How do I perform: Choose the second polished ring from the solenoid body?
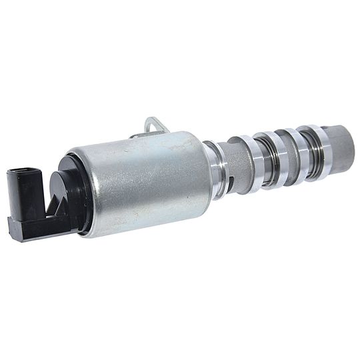253,161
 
